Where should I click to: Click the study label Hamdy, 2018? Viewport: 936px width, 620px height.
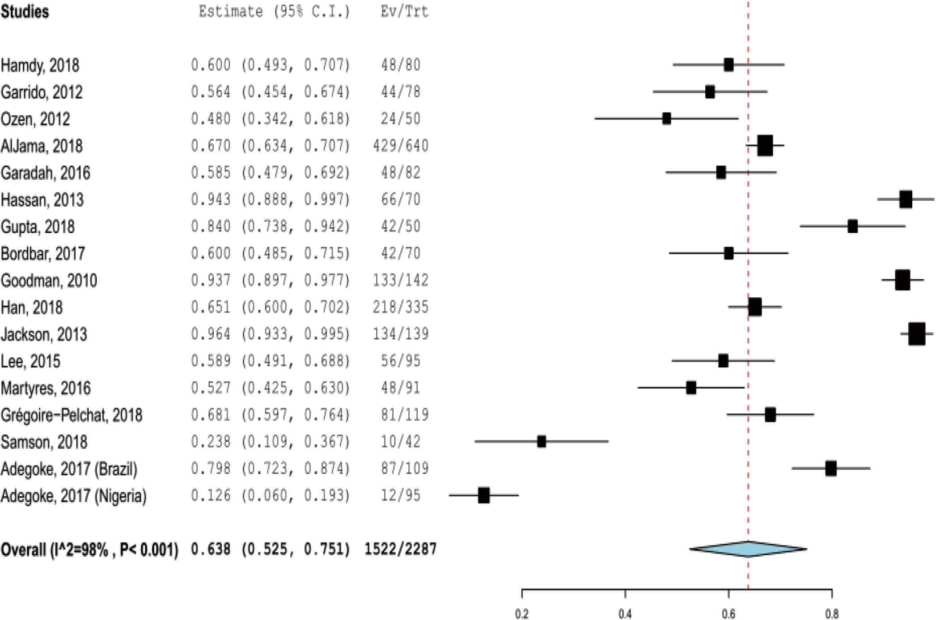pyautogui.click(x=40, y=66)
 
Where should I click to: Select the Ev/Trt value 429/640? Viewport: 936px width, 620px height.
pyautogui.click(x=401, y=146)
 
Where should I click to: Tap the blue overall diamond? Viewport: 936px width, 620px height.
pyautogui.click(x=748, y=549)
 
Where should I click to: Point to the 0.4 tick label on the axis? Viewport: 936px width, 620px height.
pyautogui.click(x=625, y=614)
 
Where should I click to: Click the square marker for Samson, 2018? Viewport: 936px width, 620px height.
pyautogui.click(x=542, y=442)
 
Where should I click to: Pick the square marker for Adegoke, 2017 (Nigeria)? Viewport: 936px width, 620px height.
pyautogui.click(x=483, y=495)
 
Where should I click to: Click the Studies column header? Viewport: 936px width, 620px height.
pyautogui.click(x=25, y=12)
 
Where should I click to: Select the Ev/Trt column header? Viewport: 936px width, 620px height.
pyautogui.click(x=404, y=12)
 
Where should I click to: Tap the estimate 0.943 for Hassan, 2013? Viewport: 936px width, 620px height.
pyautogui.click(x=211, y=199)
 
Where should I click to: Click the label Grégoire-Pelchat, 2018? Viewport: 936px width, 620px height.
pyautogui.click(x=72, y=415)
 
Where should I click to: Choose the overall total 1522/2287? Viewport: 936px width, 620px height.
pyautogui.click(x=400, y=549)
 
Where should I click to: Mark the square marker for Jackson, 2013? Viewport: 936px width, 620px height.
pyautogui.click(x=917, y=334)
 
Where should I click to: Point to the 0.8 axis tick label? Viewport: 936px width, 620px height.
pyautogui.click(x=831, y=614)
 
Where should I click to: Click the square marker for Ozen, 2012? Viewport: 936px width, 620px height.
pyautogui.click(x=666, y=118)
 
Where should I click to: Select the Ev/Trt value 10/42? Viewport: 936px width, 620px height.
pyautogui.click(x=401, y=442)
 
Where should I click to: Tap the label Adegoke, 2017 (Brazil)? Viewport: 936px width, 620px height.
pyautogui.click(x=69, y=469)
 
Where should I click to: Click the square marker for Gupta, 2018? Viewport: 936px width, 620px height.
pyautogui.click(x=852, y=226)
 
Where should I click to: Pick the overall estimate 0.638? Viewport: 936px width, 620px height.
pyautogui.click(x=211, y=549)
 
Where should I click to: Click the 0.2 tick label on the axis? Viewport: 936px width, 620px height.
pyautogui.click(x=521, y=614)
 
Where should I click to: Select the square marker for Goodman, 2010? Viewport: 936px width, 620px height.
pyautogui.click(x=902, y=280)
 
